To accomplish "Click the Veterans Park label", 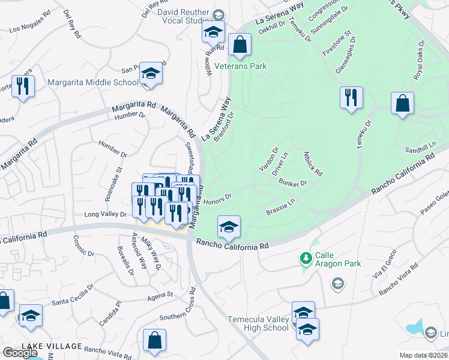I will click(x=241, y=66).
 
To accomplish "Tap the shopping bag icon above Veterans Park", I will click(x=240, y=45).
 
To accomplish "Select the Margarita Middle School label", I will click(x=101, y=82).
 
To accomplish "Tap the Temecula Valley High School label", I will click(x=258, y=323).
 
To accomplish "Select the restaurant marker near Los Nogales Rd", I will click(x=23, y=86).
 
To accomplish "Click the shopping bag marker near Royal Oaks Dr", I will click(x=402, y=103).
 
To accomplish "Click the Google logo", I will click(x=20, y=353).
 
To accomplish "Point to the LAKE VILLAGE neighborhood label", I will click(x=52, y=346).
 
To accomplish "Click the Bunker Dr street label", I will click(x=293, y=183).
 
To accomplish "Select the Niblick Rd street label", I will click(x=313, y=163).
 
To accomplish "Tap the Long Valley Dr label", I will click(x=106, y=214).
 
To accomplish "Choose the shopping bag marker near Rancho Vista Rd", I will click(x=155, y=341).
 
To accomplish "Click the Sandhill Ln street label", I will click(x=420, y=148).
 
